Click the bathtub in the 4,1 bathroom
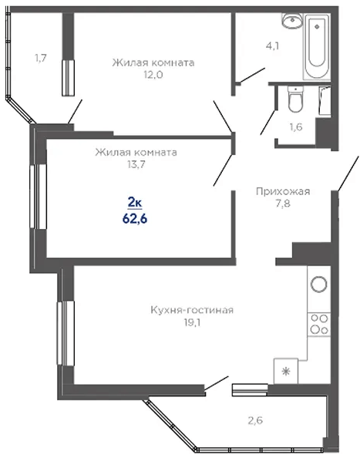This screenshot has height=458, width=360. click(317, 46)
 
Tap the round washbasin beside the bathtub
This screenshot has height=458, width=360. click(292, 21)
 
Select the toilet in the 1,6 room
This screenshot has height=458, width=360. click(295, 99)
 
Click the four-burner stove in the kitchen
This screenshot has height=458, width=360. click(319, 324)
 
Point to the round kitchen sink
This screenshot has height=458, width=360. click(318, 284)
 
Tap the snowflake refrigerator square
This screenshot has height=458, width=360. click(285, 371)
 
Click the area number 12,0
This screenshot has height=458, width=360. click(153, 75)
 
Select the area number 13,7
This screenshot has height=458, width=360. click(136, 165)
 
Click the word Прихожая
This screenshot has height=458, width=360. click(283, 191)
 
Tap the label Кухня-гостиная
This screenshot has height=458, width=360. click(192, 310)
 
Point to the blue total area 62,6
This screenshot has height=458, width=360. click(135, 218)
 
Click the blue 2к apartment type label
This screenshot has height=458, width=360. click(135, 202)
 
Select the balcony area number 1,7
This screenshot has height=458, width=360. click(41, 58)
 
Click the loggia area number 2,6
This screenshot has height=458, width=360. click(255, 420)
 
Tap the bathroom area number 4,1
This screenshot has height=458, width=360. click(272, 45)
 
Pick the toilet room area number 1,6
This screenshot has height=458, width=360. click(296, 127)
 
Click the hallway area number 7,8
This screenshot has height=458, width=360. click(283, 204)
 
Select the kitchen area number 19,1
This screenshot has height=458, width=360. click(192, 322)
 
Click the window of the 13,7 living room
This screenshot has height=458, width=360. click(39, 197)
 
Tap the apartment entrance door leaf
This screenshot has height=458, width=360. click(348, 173)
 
